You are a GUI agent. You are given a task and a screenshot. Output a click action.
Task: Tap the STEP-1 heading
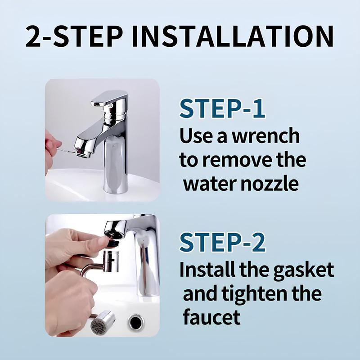pos(222,108)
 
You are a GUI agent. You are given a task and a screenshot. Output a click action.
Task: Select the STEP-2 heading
pos(222,242)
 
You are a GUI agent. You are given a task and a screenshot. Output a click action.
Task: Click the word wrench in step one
pos(265,136)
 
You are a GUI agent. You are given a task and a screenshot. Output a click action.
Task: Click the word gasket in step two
pos(303,270)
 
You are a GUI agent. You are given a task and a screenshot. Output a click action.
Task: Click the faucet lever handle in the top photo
pos(109,97)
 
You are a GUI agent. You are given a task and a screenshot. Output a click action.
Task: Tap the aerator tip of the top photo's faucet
pos(82,153)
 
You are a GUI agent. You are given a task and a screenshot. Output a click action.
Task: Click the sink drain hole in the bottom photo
pos(136,322)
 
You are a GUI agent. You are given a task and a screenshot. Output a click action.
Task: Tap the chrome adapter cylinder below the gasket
pos(110,261)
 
